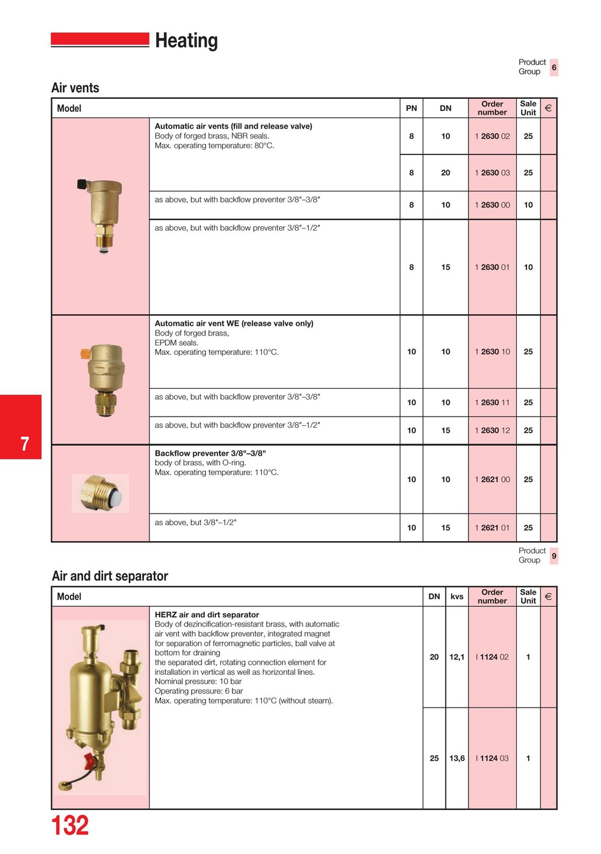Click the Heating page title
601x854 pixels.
186,41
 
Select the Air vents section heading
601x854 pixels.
75,88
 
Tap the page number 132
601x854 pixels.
70,826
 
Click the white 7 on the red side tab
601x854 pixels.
24,443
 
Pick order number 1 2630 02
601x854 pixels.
492,136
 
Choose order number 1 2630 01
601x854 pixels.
492,267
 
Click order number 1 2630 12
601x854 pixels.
492,430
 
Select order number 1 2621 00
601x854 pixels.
492,479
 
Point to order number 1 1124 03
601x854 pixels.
492,758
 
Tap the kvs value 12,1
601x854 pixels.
457,657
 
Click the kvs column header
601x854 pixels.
457,597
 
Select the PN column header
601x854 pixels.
411,108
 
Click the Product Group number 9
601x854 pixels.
554,556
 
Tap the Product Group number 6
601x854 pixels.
554,67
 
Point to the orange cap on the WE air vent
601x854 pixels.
85,353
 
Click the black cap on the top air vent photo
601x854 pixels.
82,184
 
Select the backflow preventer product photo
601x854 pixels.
101,493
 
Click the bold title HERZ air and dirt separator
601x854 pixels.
207,615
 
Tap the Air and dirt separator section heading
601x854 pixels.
110,576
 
